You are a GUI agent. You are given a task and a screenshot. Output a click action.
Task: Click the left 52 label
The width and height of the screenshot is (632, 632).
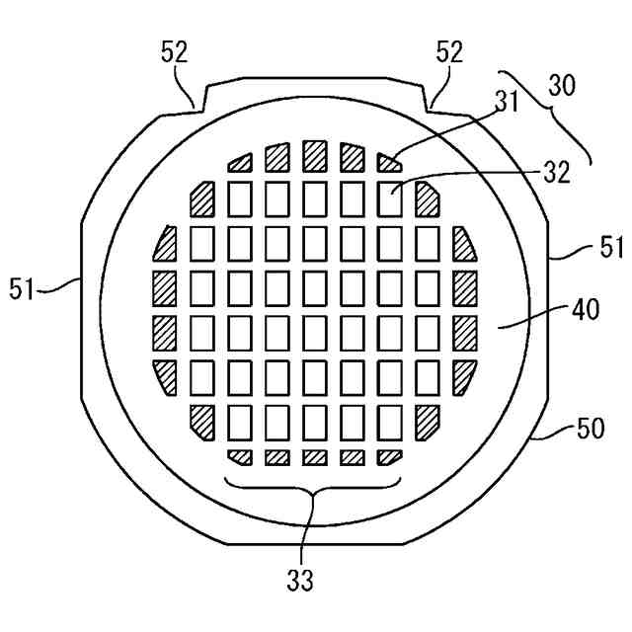click(175, 53)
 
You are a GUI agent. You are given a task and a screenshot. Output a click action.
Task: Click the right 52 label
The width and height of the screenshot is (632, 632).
click(449, 53)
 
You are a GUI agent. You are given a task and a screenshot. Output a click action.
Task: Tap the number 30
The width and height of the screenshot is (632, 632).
click(562, 86)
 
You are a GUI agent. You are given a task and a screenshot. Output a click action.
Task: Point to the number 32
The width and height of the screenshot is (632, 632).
click(556, 173)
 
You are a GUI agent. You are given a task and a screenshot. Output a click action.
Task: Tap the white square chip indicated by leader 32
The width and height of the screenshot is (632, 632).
click(391, 198)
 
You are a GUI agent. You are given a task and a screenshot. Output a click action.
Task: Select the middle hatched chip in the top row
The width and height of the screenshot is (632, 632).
click(315, 155)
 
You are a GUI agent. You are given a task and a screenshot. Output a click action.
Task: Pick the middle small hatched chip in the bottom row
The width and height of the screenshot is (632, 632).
click(315, 457)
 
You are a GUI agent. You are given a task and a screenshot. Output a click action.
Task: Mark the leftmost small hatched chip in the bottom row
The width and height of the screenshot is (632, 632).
click(240, 457)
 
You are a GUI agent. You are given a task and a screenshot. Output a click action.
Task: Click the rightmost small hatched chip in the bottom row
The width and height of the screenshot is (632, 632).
click(390, 457)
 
